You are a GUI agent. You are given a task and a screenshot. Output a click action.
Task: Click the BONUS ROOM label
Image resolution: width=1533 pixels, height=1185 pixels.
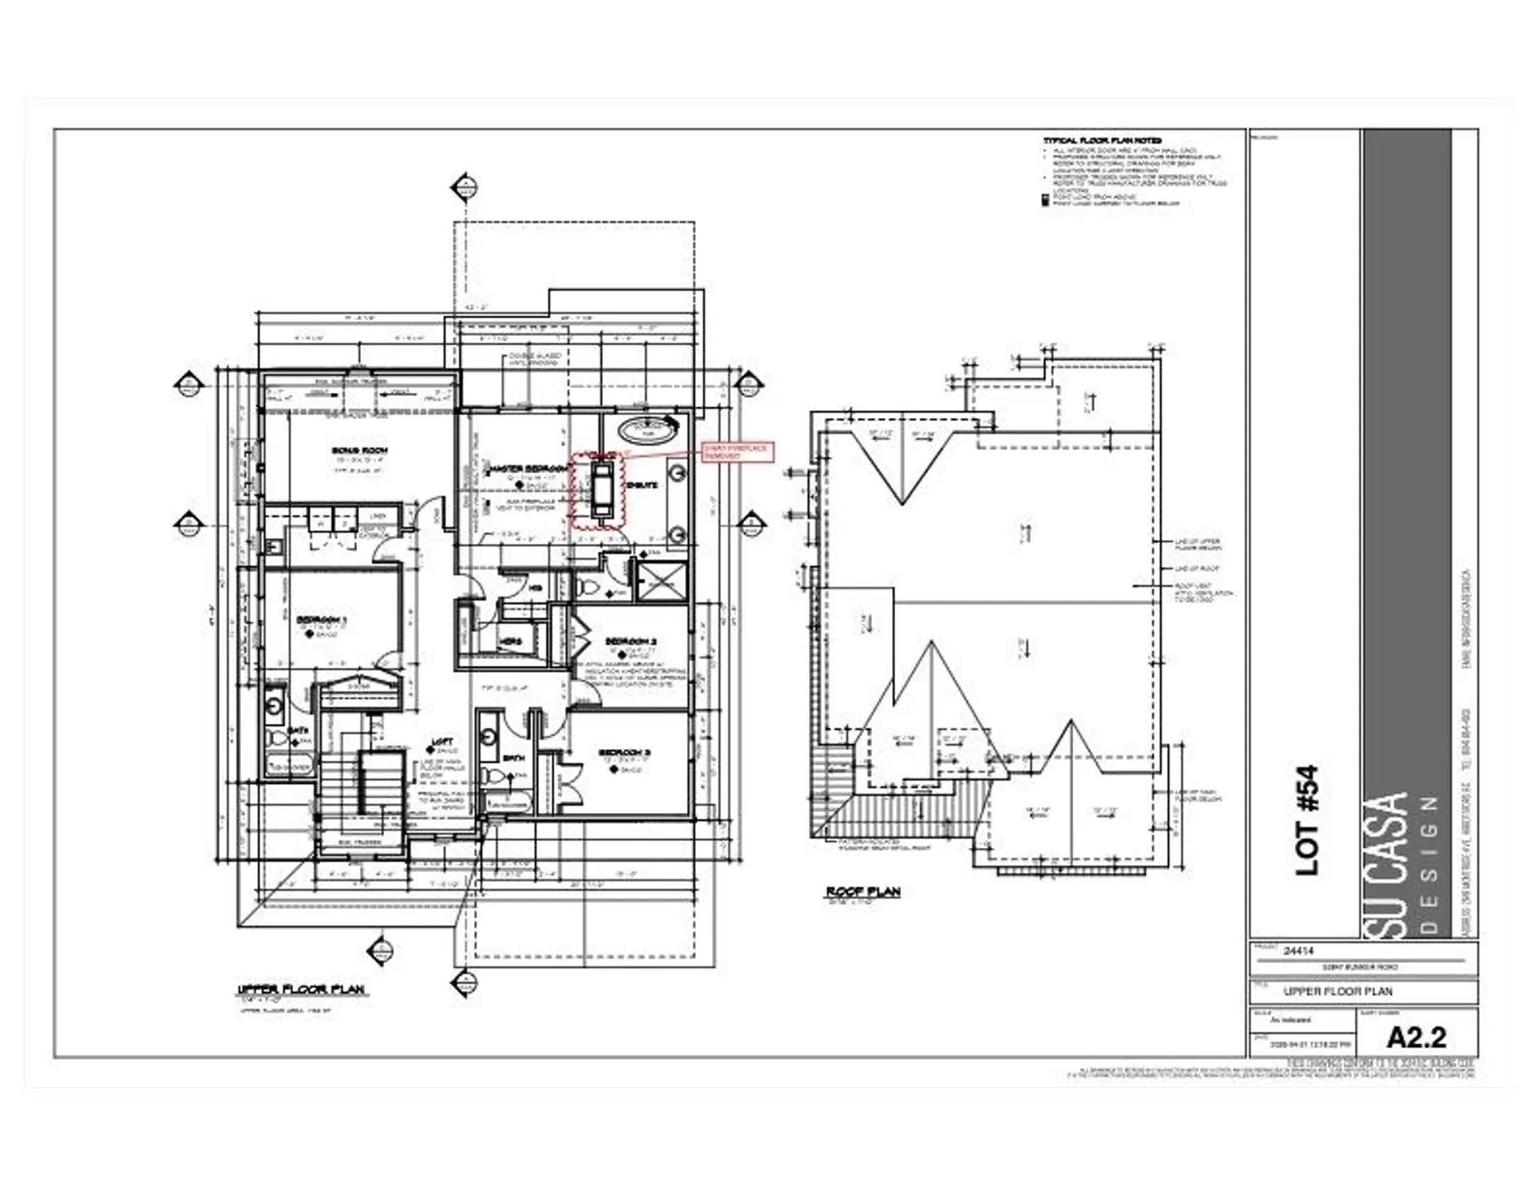coord(359,450)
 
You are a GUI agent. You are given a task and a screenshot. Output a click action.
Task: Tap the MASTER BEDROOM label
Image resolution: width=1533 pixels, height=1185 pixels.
coord(529,468)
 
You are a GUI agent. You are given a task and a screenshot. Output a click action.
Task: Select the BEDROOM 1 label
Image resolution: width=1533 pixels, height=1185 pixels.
coord(322,620)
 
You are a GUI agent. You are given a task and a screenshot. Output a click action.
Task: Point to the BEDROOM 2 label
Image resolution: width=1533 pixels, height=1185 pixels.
coord(631,641)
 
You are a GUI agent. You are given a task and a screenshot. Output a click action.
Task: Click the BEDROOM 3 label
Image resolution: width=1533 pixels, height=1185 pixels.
coord(626,752)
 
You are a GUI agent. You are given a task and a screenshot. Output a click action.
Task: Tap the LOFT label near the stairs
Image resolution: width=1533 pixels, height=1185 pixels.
coord(442,742)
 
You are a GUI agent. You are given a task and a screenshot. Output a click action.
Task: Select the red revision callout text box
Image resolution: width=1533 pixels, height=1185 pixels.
coord(736,452)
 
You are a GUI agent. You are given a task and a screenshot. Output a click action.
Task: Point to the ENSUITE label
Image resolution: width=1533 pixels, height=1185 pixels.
coord(642,485)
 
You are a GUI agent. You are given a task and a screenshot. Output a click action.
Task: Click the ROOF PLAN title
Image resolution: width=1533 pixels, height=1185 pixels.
coord(863,891)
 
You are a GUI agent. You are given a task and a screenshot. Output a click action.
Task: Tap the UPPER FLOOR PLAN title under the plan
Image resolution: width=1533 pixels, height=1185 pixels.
coord(302,989)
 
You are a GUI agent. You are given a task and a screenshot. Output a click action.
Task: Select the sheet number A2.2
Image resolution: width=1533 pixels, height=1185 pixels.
coord(1416,1037)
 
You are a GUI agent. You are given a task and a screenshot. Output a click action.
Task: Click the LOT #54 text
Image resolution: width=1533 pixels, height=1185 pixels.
coord(1306,821)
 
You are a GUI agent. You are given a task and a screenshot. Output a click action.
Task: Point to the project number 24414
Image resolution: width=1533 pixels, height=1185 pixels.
coord(1298,951)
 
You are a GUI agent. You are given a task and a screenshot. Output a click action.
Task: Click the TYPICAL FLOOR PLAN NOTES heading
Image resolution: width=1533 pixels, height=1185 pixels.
coord(1102,141)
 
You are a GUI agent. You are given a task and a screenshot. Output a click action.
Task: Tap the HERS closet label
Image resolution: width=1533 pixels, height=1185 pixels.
coord(510,641)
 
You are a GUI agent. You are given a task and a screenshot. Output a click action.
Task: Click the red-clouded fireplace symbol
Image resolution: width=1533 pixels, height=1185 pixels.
coord(599,489)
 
